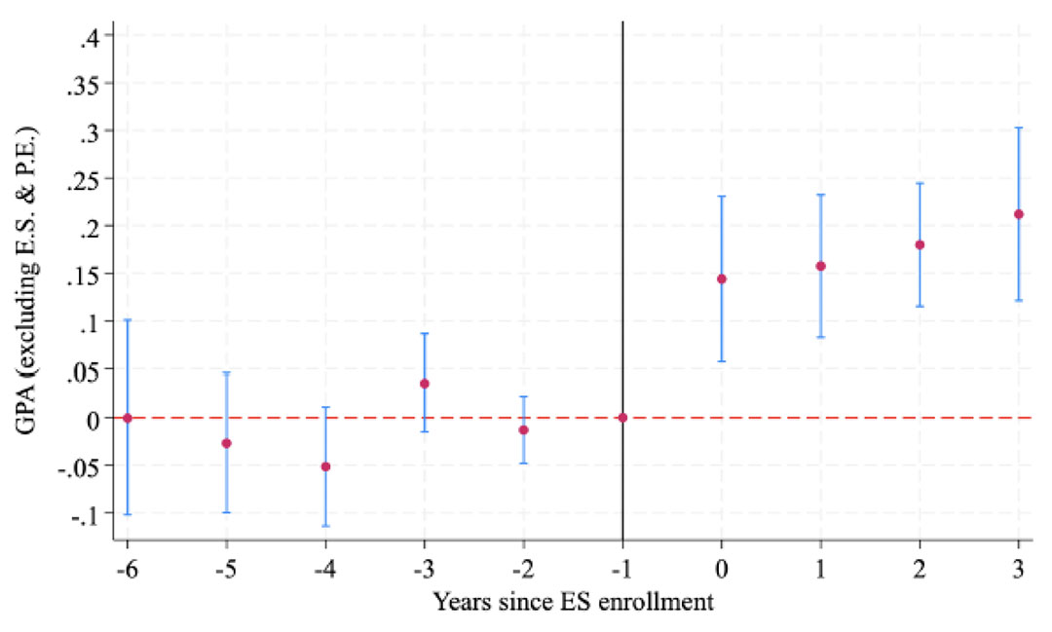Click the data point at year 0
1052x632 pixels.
point(722,279)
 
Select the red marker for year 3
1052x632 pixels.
point(1019,214)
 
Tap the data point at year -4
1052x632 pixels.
point(325,466)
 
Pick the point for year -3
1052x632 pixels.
point(425,384)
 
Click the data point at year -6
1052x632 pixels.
point(128,418)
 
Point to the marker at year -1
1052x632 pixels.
point(622,418)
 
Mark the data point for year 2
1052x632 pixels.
point(920,244)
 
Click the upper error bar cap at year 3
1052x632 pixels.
point(1019,128)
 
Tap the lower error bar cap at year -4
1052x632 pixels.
point(325,526)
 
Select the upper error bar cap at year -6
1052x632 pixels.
point(128,319)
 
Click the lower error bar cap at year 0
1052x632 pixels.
point(722,361)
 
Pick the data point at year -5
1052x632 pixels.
point(226,443)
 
